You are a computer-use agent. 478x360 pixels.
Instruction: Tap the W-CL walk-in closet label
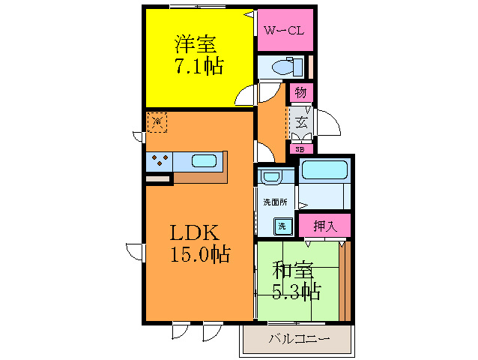coord(284,31)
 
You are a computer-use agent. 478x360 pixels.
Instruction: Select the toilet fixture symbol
coord(284,66)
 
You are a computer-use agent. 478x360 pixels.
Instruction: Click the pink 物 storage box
coord(300,92)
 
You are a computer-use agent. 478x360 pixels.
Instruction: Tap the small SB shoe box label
coord(300,148)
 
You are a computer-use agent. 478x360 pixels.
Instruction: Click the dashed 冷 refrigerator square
coord(157,121)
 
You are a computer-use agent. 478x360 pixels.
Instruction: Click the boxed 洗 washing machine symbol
coord(281,225)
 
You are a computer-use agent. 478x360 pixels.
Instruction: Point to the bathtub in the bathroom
coord(324,170)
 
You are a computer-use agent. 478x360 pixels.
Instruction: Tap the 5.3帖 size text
coord(296,289)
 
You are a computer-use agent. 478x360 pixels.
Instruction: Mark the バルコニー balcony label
coord(298,340)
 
